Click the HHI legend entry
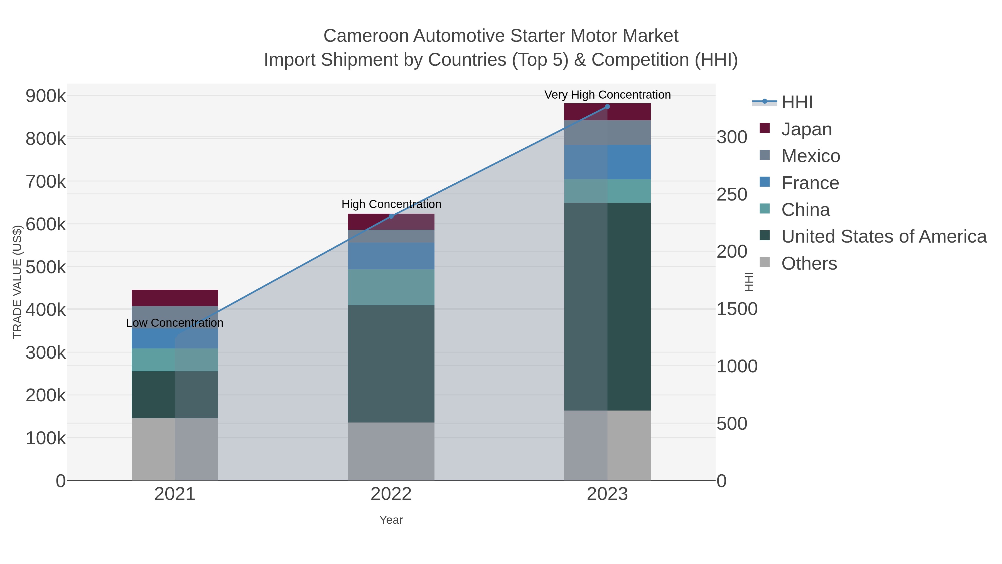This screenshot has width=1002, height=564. pyautogui.click(x=797, y=102)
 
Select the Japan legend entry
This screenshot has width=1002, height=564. pyautogui.click(x=806, y=129)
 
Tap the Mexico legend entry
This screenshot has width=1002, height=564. pyautogui.click(x=810, y=156)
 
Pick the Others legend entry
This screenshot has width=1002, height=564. pyautogui.click(x=809, y=263)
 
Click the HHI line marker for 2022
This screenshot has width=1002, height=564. pyautogui.click(x=391, y=216)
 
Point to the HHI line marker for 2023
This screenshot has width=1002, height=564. pyautogui.click(x=607, y=107)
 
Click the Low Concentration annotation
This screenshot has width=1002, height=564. pyautogui.click(x=175, y=323)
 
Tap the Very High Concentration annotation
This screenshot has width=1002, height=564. pyautogui.click(x=607, y=95)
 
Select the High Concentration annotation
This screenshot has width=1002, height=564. pyautogui.click(x=391, y=204)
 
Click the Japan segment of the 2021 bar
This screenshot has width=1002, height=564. pyautogui.click(x=175, y=298)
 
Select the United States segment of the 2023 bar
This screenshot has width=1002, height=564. pyautogui.click(x=607, y=306)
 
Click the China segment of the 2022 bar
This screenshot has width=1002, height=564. pyautogui.click(x=391, y=287)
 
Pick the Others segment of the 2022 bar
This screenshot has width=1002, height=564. pyautogui.click(x=391, y=451)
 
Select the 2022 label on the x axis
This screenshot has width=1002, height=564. pyautogui.click(x=391, y=494)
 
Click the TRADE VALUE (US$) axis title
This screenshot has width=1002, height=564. pyautogui.click(x=18, y=282)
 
